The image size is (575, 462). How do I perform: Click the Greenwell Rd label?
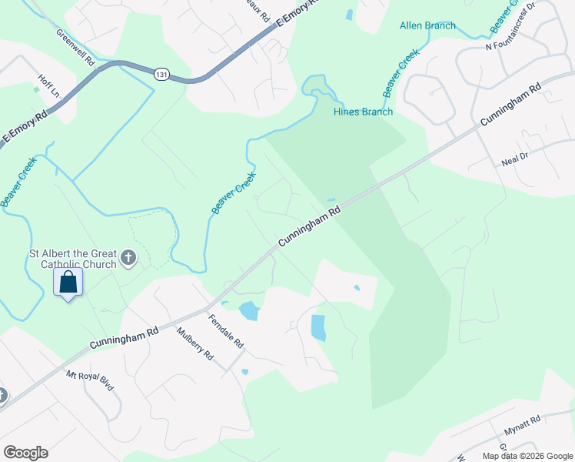click(x=75, y=47)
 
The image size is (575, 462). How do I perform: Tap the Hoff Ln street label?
click(x=49, y=85)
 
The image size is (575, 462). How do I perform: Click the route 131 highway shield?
click(x=161, y=74)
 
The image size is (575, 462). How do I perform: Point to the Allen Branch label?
click(x=427, y=25)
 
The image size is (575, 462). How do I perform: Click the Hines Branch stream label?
click(x=363, y=112)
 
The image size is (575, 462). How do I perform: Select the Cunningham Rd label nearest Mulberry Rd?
click(x=124, y=336)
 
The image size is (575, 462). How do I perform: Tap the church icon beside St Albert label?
click(x=128, y=257)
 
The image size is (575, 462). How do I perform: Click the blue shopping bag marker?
click(x=68, y=283)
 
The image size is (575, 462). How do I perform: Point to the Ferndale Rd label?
click(x=225, y=331)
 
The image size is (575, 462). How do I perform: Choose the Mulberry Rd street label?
click(x=194, y=344)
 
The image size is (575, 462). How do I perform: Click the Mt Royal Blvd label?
click(x=90, y=380)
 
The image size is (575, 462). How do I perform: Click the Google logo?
click(x=25, y=453)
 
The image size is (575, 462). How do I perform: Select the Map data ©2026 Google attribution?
click(x=527, y=456)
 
